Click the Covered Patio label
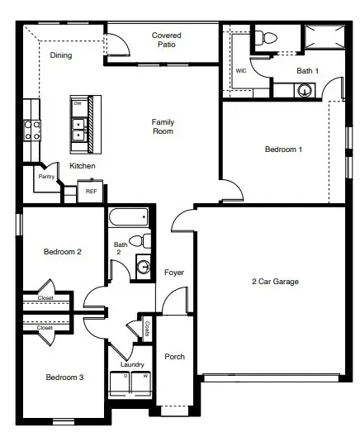tap(167, 40)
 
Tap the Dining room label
tap(61, 56)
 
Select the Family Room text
tap(163, 126)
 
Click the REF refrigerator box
tap(91, 191)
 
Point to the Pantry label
tap(46, 176)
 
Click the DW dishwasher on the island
tap(78, 104)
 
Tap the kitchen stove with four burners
tap(32, 130)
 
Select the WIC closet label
tap(241, 71)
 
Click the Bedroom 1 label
tap(283, 150)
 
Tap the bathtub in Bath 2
tap(129, 218)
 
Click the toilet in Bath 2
tap(145, 240)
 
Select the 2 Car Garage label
tap(275, 282)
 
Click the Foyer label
tap(174, 273)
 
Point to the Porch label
tap(174, 357)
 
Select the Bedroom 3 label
tap(64, 377)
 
